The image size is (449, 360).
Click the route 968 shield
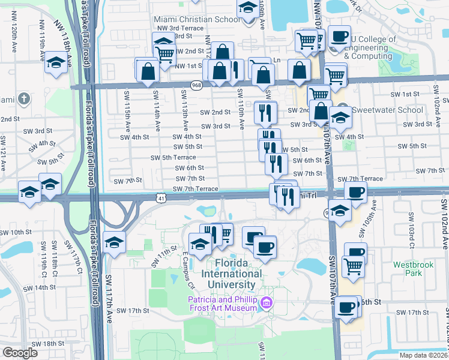click(x=196, y=85)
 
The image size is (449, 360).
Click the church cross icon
click(x=23, y=98)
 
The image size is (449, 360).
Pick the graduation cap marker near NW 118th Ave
click(x=56, y=63)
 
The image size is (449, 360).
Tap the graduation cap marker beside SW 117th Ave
click(x=113, y=242)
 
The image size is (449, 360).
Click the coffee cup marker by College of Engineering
click(x=339, y=36)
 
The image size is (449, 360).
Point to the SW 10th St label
click(x=16, y=232)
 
